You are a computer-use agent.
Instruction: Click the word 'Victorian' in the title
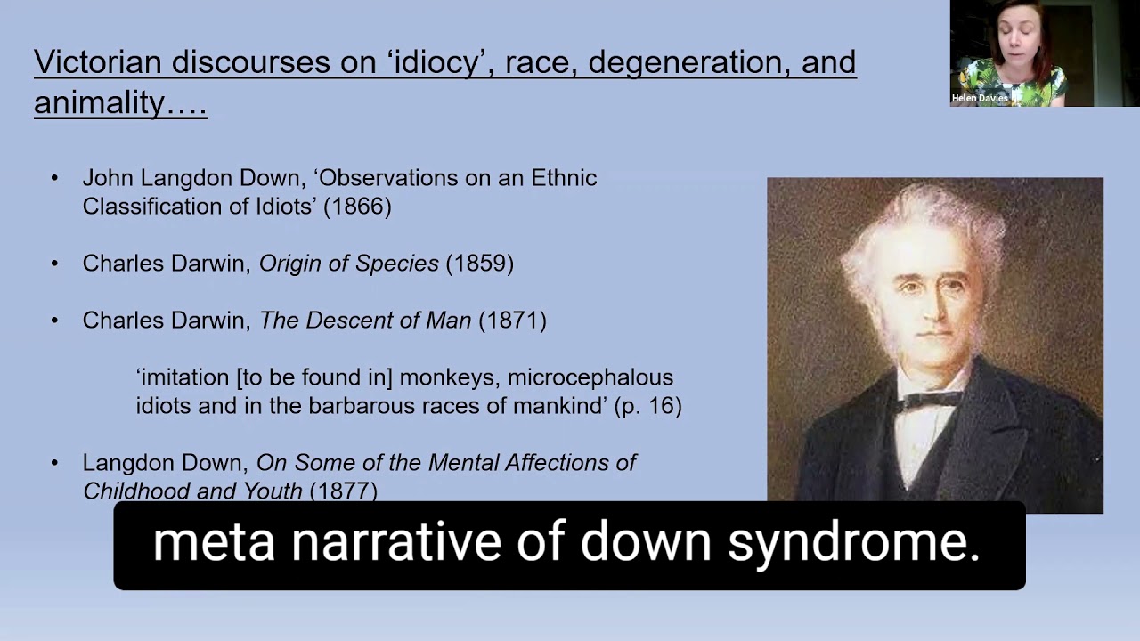point(97,62)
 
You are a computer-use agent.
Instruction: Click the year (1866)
point(357,207)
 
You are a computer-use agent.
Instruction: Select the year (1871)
point(512,320)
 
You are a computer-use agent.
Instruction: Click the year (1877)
point(343,491)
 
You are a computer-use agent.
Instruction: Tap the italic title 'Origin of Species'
point(349,264)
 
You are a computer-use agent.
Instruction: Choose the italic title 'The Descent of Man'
point(365,320)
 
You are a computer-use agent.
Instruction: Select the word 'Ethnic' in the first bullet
point(564,178)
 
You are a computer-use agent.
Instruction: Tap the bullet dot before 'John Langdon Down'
point(55,178)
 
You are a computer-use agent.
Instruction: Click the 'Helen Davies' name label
point(980,99)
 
